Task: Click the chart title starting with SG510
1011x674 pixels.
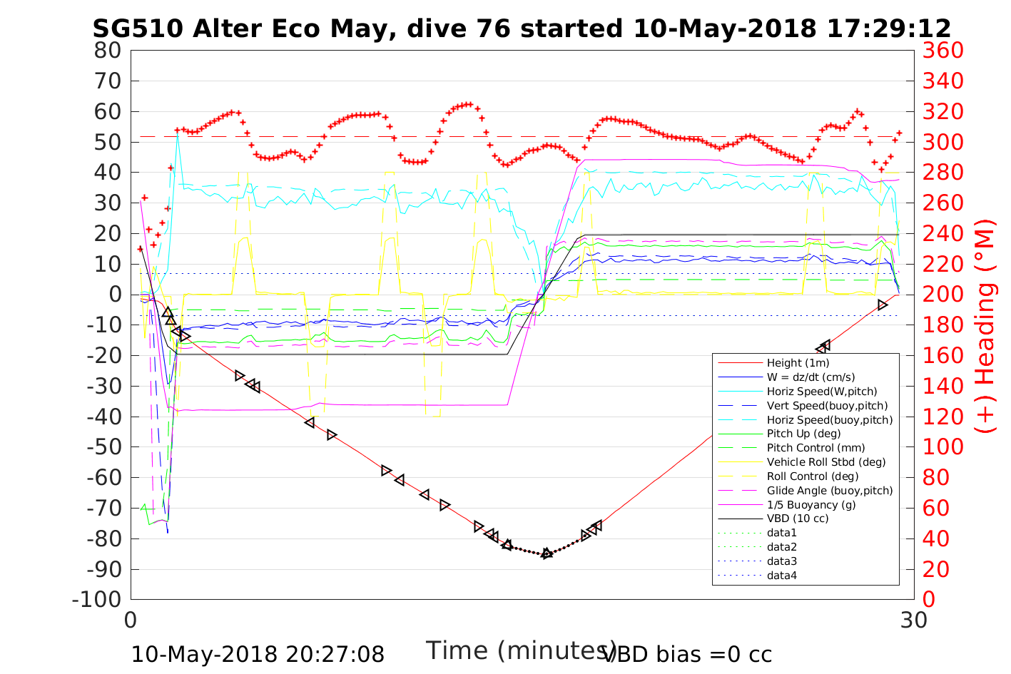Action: tap(522, 29)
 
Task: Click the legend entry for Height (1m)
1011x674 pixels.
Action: tap(798, 363)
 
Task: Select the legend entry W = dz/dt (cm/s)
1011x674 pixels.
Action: tap(811, 377)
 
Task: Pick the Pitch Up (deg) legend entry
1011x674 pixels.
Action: tap(803, 434)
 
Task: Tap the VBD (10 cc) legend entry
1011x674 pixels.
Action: tap(798, 519)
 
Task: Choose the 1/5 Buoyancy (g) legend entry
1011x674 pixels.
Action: tap(811, 504)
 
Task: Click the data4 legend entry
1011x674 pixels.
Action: tap(781, 575)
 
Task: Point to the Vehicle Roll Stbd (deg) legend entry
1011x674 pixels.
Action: tap(826, 462)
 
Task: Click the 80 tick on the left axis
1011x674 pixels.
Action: tap(108, 51)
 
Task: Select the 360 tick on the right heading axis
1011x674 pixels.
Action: tap(943, 51)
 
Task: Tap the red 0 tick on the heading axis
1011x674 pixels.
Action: tap(930, 599)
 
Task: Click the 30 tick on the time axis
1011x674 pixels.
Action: tap(913, 621)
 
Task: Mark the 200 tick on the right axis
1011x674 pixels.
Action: tap(943, 295)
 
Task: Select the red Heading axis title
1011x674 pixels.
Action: tap(985, 325)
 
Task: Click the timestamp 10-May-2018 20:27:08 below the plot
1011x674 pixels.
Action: tap(258, 654)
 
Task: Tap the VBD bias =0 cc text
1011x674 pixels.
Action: tap(687, 654)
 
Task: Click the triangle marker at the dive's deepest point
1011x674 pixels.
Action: tap(547, 553)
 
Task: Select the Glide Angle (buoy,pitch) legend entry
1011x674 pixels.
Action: tap(830, 490)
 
